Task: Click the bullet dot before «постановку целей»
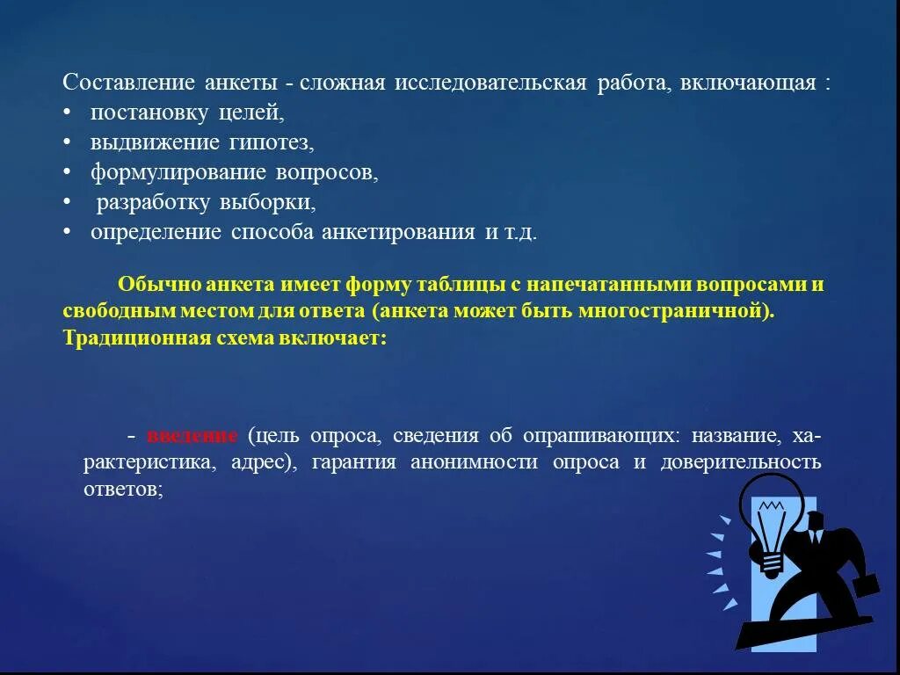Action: [68, 113]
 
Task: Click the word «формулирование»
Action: [164, 172]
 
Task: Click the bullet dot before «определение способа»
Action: [68, 232]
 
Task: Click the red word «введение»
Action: [192, 437]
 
